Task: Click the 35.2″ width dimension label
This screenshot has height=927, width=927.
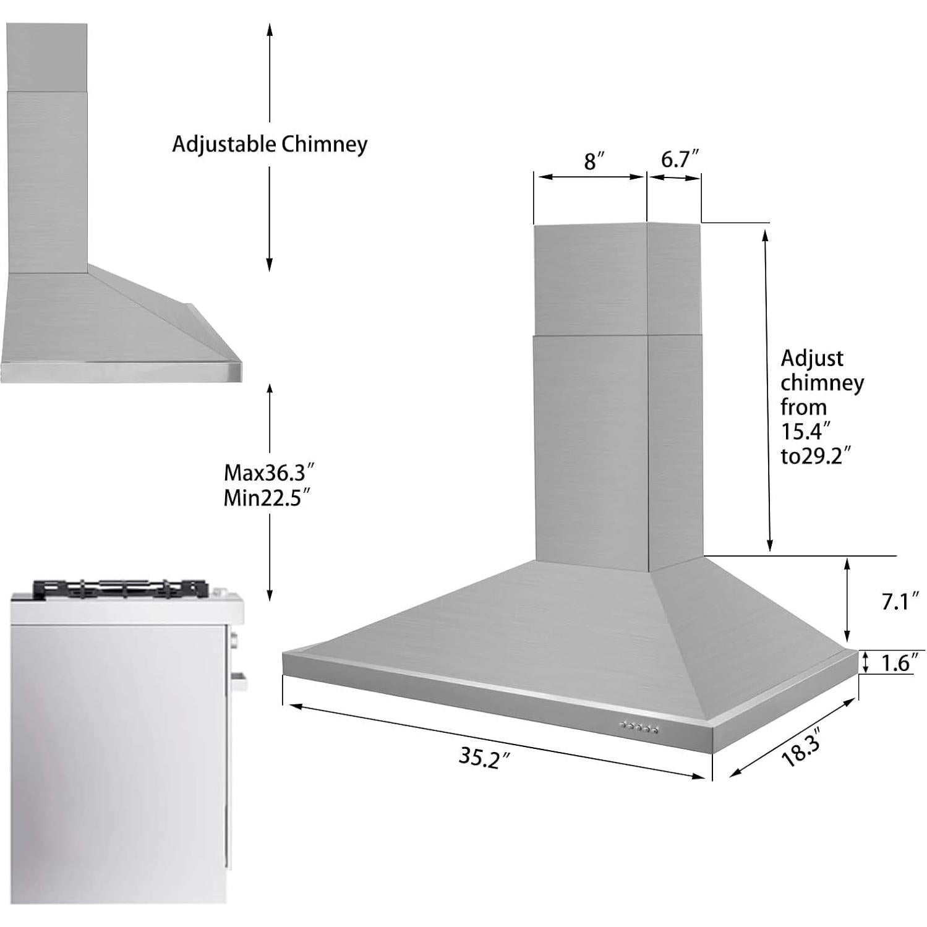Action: (487, 757)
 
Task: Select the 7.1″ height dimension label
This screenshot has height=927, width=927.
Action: (900, 600)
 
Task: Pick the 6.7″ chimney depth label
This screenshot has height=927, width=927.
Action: (679, 159)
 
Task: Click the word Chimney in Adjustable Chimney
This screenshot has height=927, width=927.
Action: (325, 144)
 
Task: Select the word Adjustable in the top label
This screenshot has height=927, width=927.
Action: (224, 144)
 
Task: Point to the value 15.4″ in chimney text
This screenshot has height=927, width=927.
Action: (805, 431)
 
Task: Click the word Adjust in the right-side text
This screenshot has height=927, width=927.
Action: (811, 358)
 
